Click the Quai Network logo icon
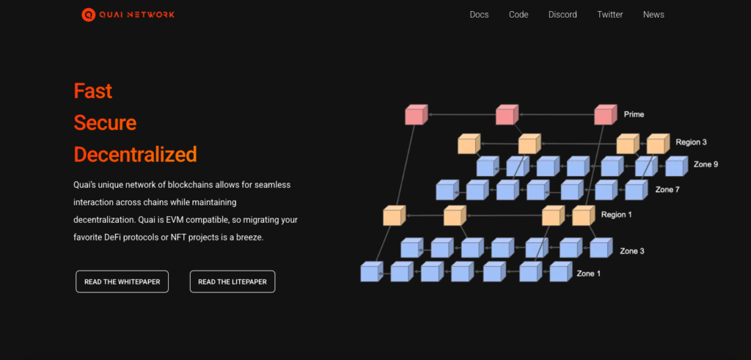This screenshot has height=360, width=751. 88,14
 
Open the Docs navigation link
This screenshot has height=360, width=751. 479,15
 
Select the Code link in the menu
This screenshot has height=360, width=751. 519,15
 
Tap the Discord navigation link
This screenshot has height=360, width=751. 563,15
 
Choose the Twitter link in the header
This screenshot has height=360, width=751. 609,15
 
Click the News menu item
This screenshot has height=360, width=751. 653,15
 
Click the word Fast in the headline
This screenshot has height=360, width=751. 93,91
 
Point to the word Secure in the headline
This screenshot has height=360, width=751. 105,122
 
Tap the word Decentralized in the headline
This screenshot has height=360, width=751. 135,155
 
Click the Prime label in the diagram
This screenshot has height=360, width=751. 634,114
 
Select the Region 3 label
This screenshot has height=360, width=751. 690,142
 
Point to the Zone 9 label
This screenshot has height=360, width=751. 706,164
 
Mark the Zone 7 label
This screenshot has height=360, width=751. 667,190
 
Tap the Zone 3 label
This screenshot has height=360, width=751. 632,251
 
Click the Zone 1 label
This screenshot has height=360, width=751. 588,273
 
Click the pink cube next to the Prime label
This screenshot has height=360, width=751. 604,115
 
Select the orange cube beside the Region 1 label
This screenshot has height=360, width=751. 582,216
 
